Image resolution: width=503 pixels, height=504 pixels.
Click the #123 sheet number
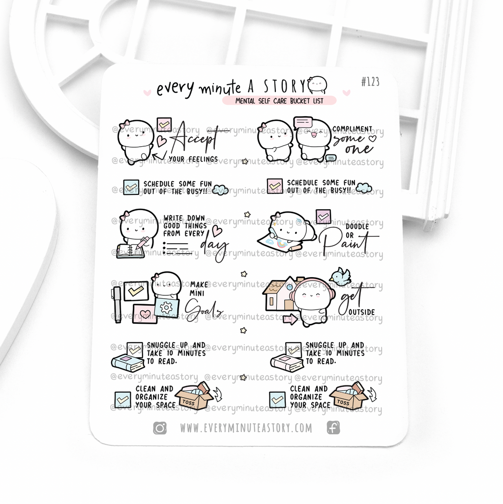(x=370, y=82)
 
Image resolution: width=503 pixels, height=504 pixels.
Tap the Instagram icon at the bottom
(x=160, y=428)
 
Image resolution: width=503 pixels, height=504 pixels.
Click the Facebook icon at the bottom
(x=333, y=428)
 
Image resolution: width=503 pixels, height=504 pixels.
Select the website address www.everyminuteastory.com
(x=246, y=428)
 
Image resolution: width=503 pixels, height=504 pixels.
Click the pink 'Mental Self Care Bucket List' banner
(x=279, y=100)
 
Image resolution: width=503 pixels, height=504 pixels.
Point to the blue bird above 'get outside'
(x=341, y=276)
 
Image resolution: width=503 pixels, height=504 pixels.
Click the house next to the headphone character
(x=278, y=294)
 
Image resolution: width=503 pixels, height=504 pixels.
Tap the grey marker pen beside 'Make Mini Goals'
(x=117, y=304)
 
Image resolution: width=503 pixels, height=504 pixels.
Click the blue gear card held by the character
(x=166, y=307)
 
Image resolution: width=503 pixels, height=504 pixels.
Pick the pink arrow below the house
(x=291, y=319)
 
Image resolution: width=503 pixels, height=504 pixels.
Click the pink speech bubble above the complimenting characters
(x=303, y=123)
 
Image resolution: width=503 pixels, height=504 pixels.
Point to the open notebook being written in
(x=130, y=251)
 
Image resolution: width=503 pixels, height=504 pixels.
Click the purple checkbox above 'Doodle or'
(x=323, y=216)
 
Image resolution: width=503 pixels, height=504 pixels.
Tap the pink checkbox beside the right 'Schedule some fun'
(x=275, y=186)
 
